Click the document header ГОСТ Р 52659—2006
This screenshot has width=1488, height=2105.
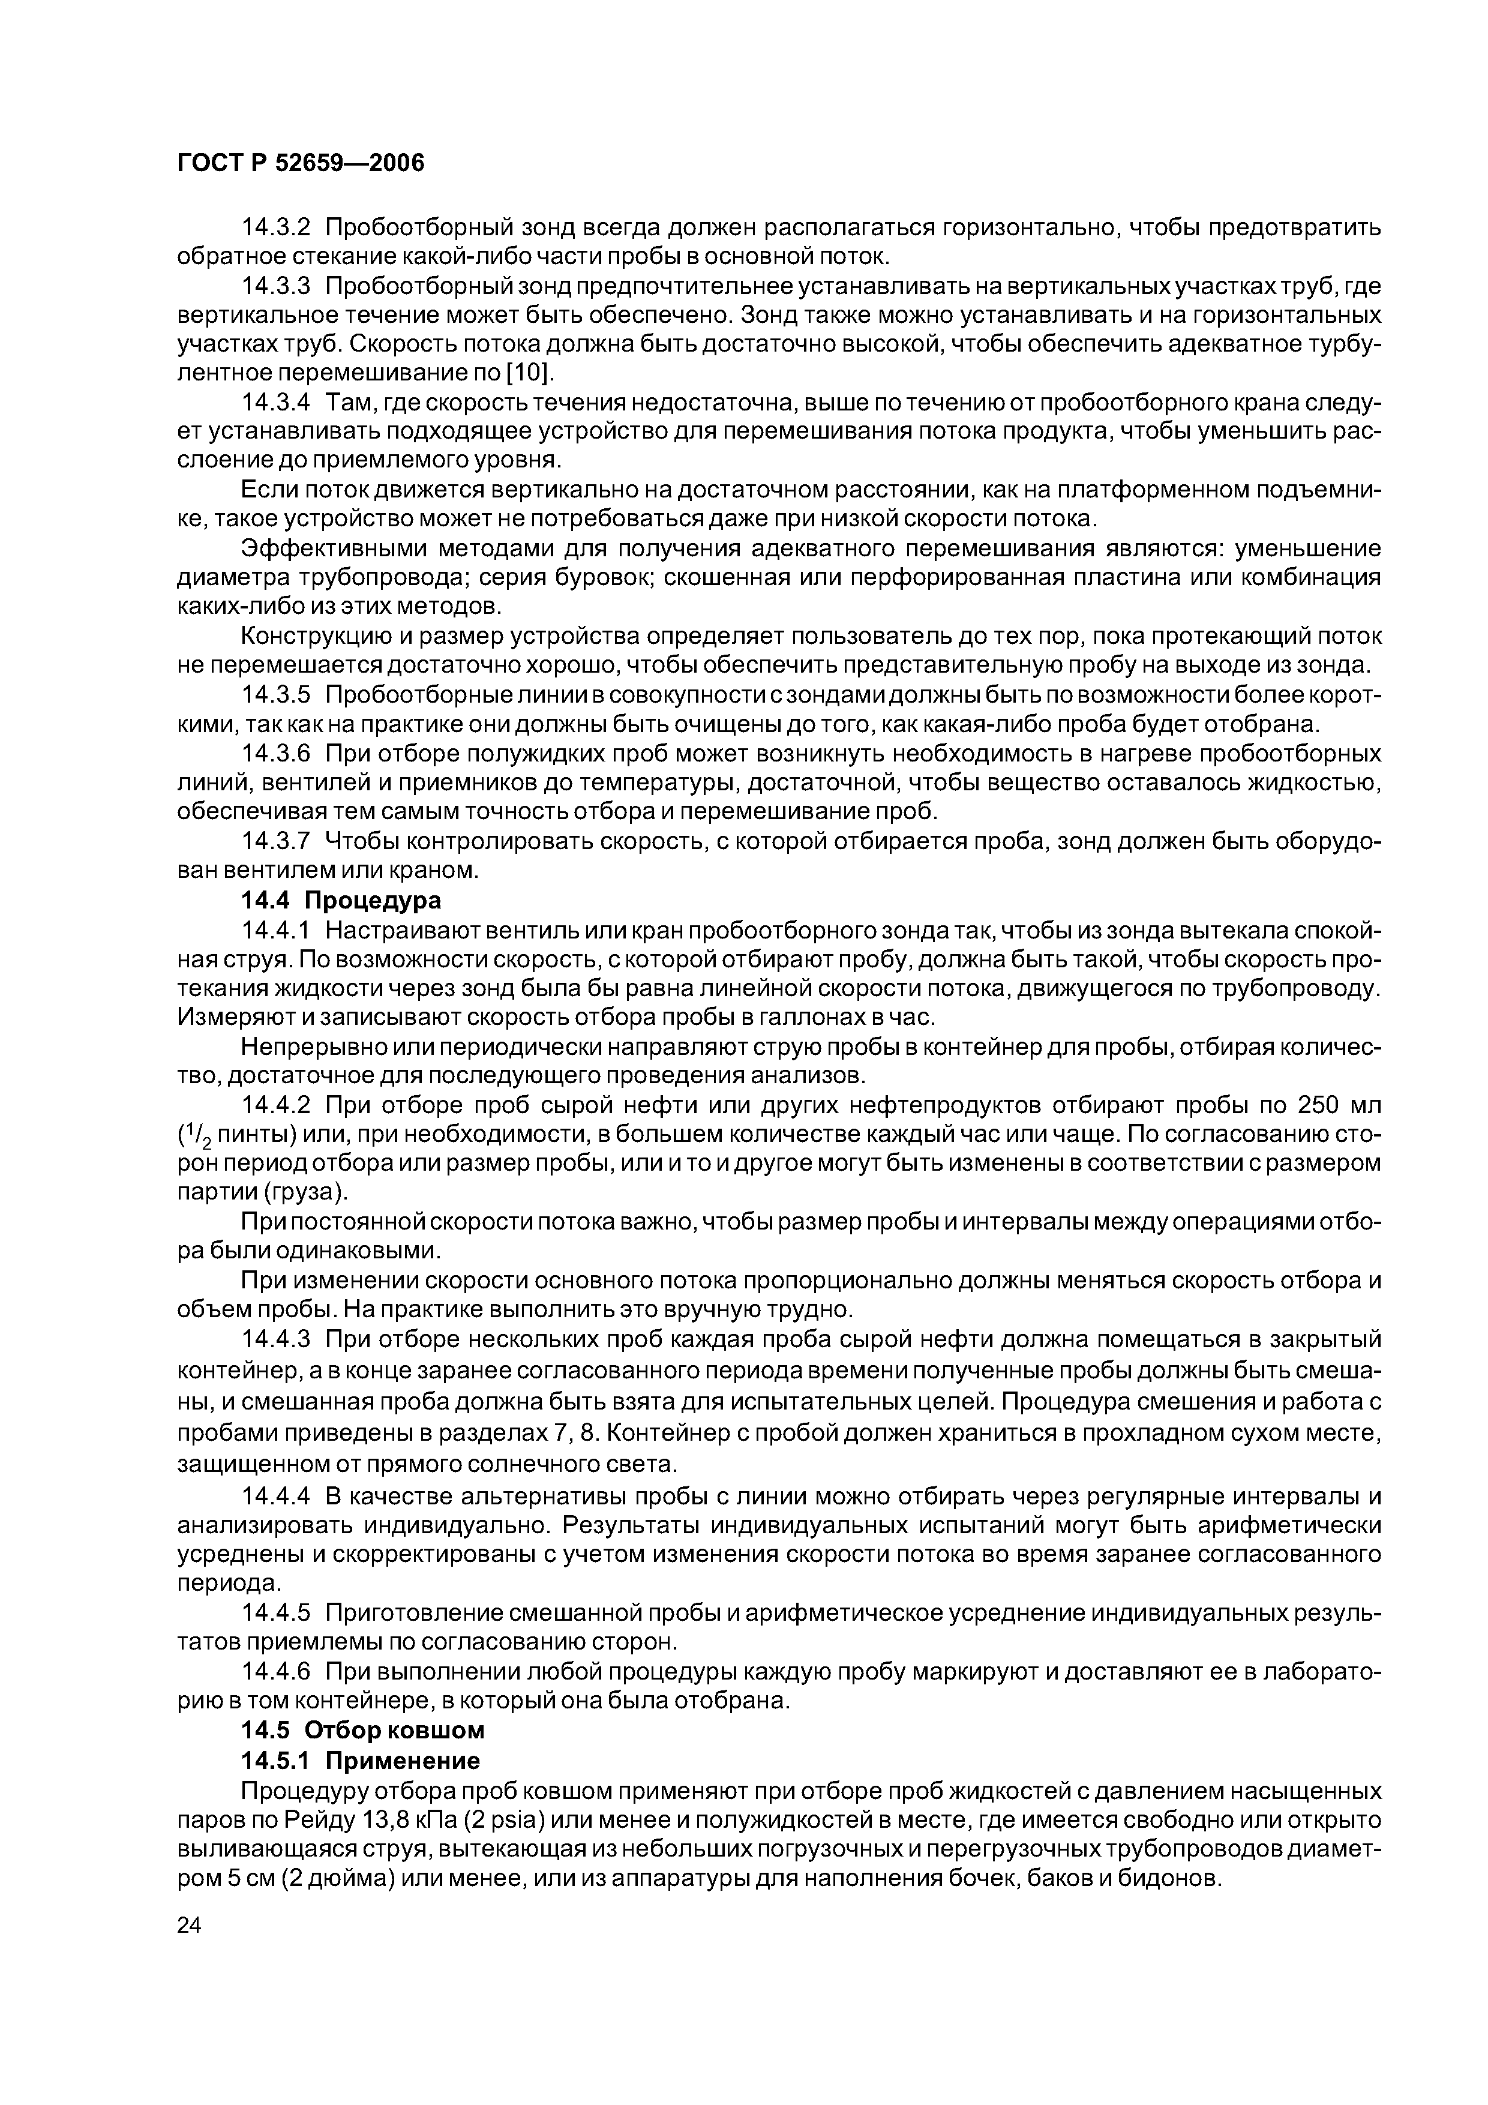[x=301, y=163]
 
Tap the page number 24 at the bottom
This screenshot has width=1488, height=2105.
[x=189, y=1951]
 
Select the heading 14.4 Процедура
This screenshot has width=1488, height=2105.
[x=340, y=899]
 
